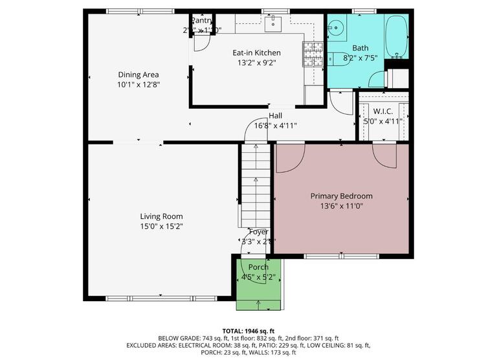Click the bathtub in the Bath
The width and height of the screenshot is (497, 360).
(x=396, y=38)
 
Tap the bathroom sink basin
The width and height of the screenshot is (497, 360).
(x=335, y=28)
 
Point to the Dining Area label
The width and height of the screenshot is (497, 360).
(x=138, y=74)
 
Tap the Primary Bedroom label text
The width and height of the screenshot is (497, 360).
(x=341, y=196)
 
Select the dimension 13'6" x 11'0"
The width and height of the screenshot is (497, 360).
(x=341, y=206)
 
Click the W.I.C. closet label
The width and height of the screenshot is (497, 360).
(x=383, y=111)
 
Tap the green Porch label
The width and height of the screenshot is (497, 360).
(x=259, y=267)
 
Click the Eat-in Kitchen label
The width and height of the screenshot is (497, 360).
(x=256, y=53)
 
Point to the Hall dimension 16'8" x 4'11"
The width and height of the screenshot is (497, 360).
(x=276, y=126)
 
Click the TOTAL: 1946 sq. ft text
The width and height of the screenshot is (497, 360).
(x=248, y=330)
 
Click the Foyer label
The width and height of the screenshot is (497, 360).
(x=259, y=232)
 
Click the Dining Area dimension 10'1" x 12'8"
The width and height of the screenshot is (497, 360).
(x=138, y=84)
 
